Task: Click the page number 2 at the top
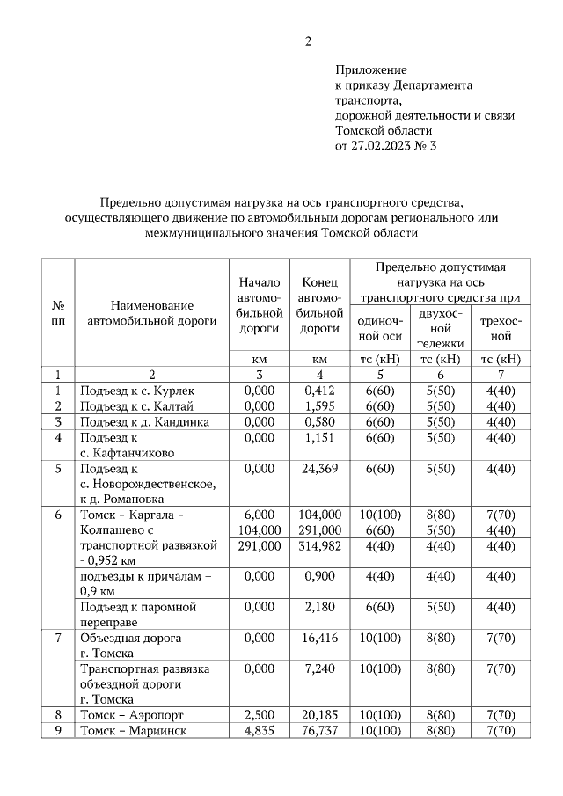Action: [308, 40]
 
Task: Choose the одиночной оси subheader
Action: [381, 328]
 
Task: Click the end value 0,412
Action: [320, 391]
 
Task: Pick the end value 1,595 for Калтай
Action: [320, 406]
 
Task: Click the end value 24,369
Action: [320, 469]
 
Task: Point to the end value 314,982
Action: [320, 546]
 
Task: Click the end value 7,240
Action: [320, 668]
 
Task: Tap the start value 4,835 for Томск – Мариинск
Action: [260, 731]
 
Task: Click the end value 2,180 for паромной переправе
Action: [320, 607]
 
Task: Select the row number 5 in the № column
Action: [58, 469]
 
